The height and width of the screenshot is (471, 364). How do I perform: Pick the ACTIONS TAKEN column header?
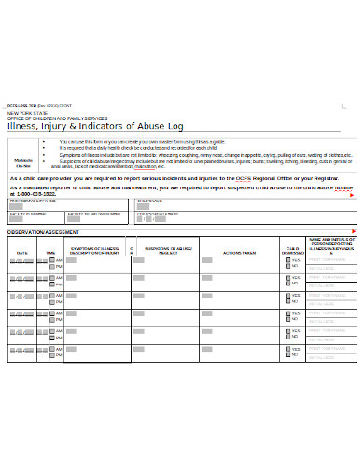(x=238, y=252)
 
